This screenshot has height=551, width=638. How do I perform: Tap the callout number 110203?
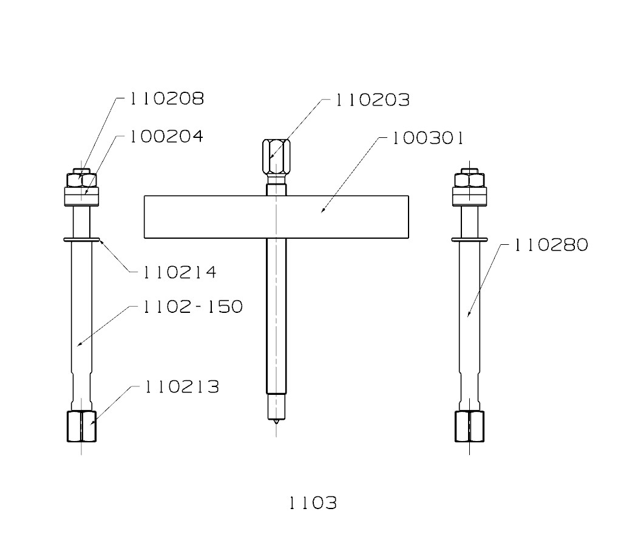coord(372,100)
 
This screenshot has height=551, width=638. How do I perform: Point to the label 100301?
coord(427,139)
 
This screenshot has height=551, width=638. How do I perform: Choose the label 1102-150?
coord(192,307)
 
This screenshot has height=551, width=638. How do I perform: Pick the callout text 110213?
coord(182,387)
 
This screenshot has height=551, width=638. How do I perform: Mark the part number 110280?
coord(551,245)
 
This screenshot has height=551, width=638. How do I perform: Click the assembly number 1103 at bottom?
coord(312,503)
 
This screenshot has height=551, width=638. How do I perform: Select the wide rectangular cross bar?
coord(276,217)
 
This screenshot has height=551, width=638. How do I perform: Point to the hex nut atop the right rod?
coord(470,180)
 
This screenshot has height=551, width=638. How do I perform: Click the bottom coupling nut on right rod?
coord(470,426)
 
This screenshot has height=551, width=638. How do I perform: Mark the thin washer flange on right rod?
coord(470,240)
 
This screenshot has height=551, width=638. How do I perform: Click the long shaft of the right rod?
coord(470,316)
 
